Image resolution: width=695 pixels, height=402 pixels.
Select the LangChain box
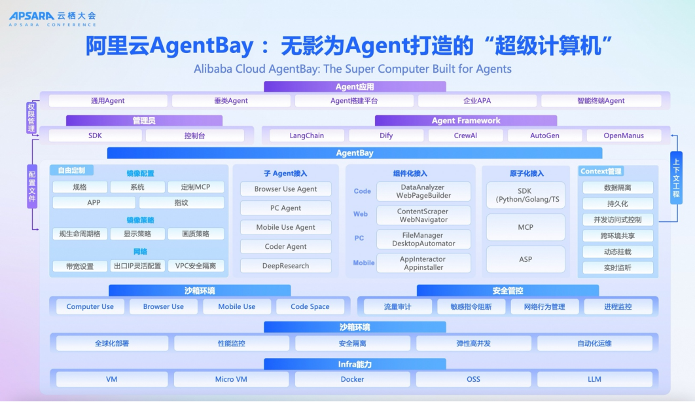pos(306,136)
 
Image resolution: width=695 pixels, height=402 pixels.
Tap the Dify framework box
pos(385,136)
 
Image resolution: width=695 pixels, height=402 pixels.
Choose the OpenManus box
pos(623,136)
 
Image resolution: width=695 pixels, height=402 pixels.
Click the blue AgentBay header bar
pos(354,153)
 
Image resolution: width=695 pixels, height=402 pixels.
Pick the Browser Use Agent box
pos(285,189)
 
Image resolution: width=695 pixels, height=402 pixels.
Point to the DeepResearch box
pos(285,266)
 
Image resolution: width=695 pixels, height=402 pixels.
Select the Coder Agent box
pos(285,247)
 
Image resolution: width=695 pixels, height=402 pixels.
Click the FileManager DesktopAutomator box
pos(423,239)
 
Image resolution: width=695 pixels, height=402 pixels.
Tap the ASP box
pos(525,259)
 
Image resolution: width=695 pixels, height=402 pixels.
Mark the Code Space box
pos(310,306)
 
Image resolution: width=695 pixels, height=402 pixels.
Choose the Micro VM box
pos(230,379)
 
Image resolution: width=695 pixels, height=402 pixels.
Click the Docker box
pos(352,379)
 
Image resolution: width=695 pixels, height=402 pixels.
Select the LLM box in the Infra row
pos(594,379)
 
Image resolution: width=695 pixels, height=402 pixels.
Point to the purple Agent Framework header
pos(465,120)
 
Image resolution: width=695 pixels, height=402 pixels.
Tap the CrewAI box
pos(465,136)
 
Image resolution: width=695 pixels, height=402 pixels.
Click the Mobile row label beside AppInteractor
pos(363,263)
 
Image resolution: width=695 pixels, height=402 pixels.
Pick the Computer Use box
pos(90,306)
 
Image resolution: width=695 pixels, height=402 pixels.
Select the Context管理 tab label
pos(601,172)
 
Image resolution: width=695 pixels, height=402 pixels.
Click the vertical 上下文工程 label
pos(676,177)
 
